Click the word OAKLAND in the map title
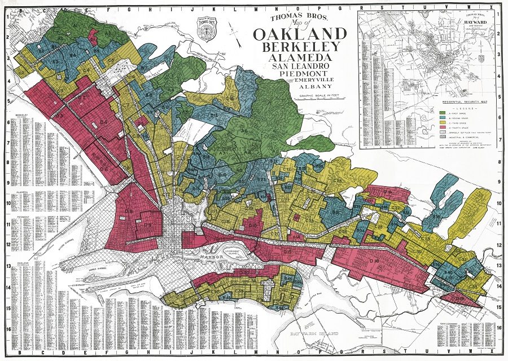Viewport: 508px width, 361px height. click(x=297, y=34)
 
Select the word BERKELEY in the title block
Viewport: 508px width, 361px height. click(x=297, y=47)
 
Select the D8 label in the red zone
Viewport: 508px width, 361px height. click(x=129, y=212)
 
